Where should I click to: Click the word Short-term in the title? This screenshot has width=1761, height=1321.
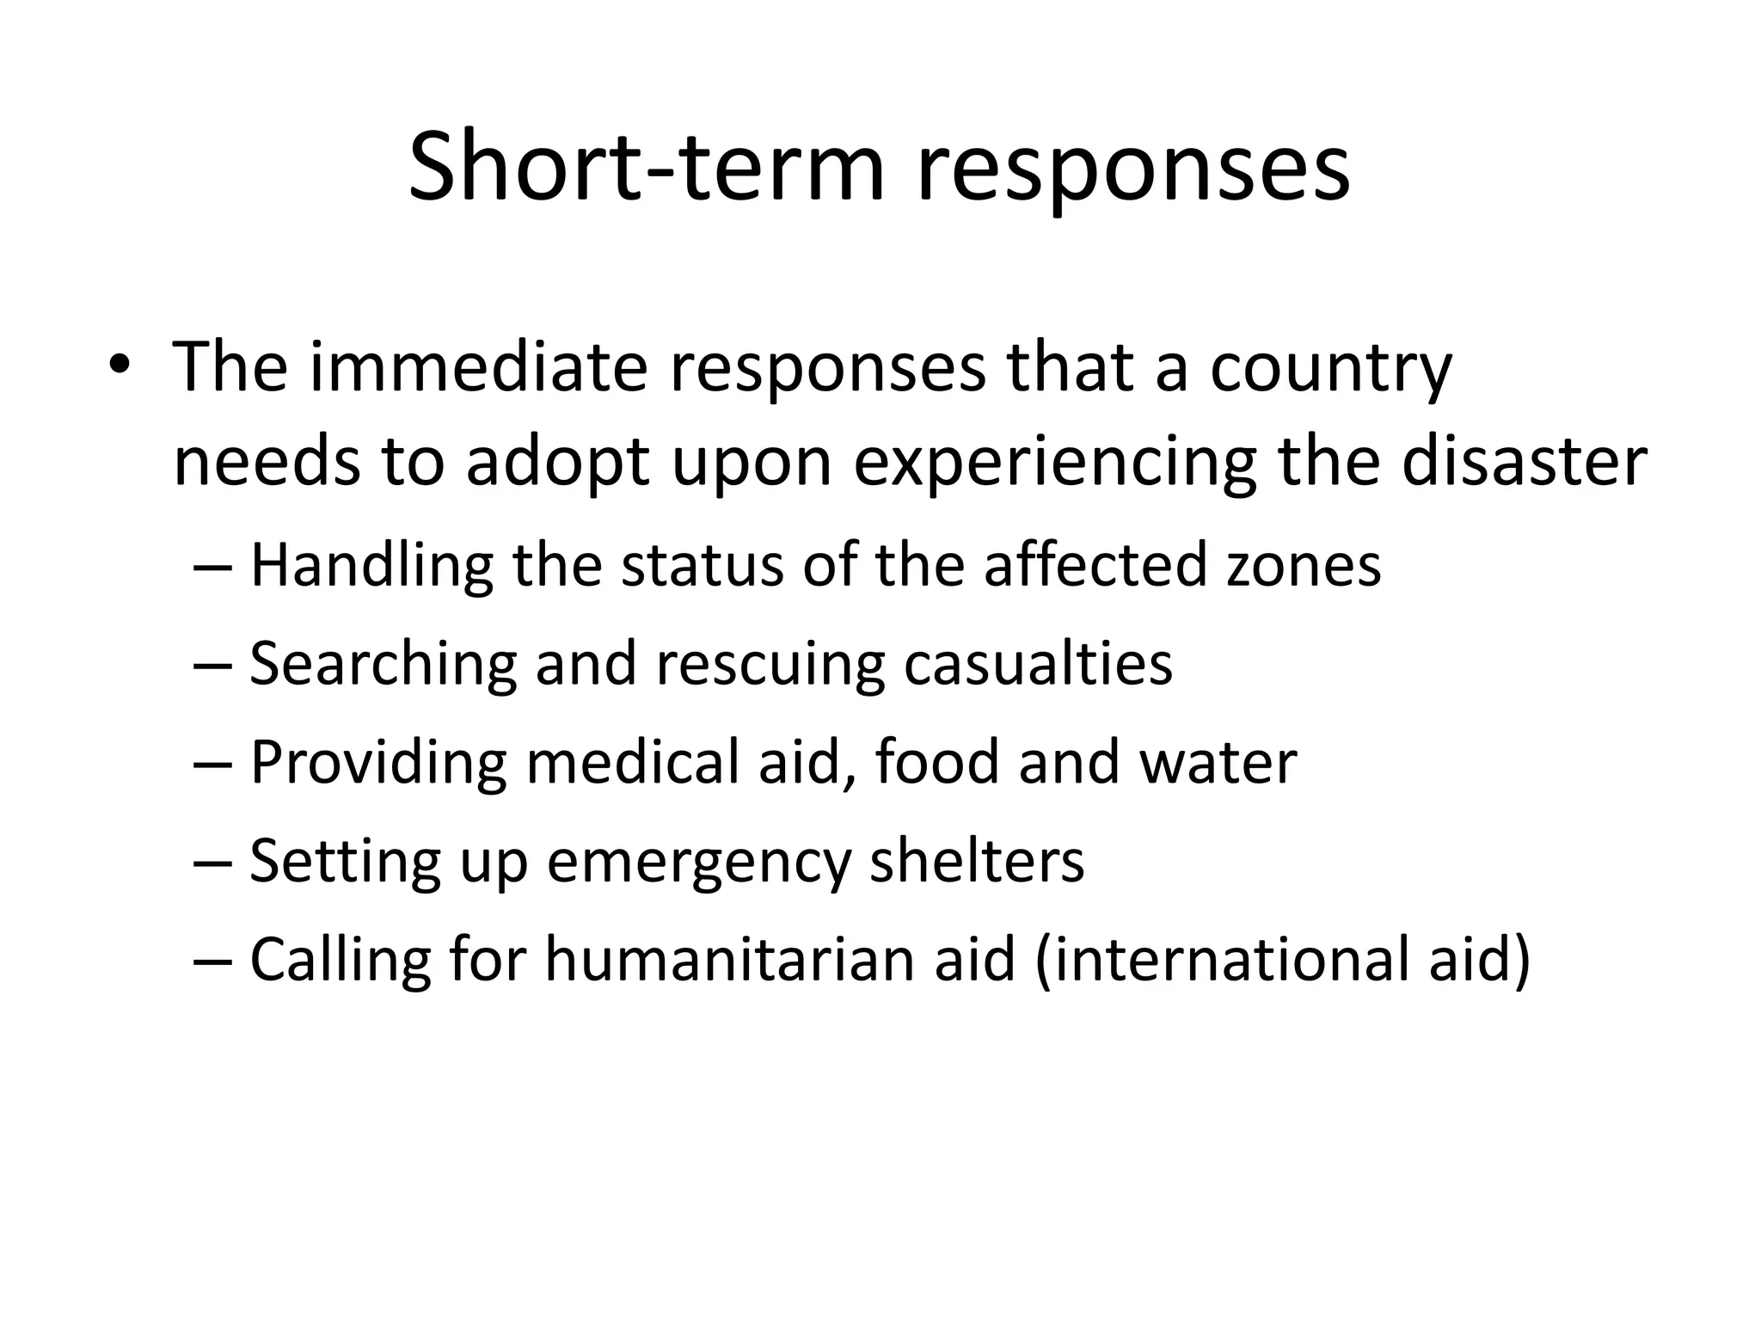click(646, 167)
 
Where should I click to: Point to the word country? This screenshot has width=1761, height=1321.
click(1331, 367)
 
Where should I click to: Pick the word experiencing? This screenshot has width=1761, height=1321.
click(1055, 464)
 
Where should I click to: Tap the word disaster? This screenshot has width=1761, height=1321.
click(1525, 464)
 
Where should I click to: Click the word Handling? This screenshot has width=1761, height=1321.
click(371, 567)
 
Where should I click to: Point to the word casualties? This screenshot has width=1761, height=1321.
click(1038, 665)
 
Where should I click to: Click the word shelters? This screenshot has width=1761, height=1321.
click(977, 862)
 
